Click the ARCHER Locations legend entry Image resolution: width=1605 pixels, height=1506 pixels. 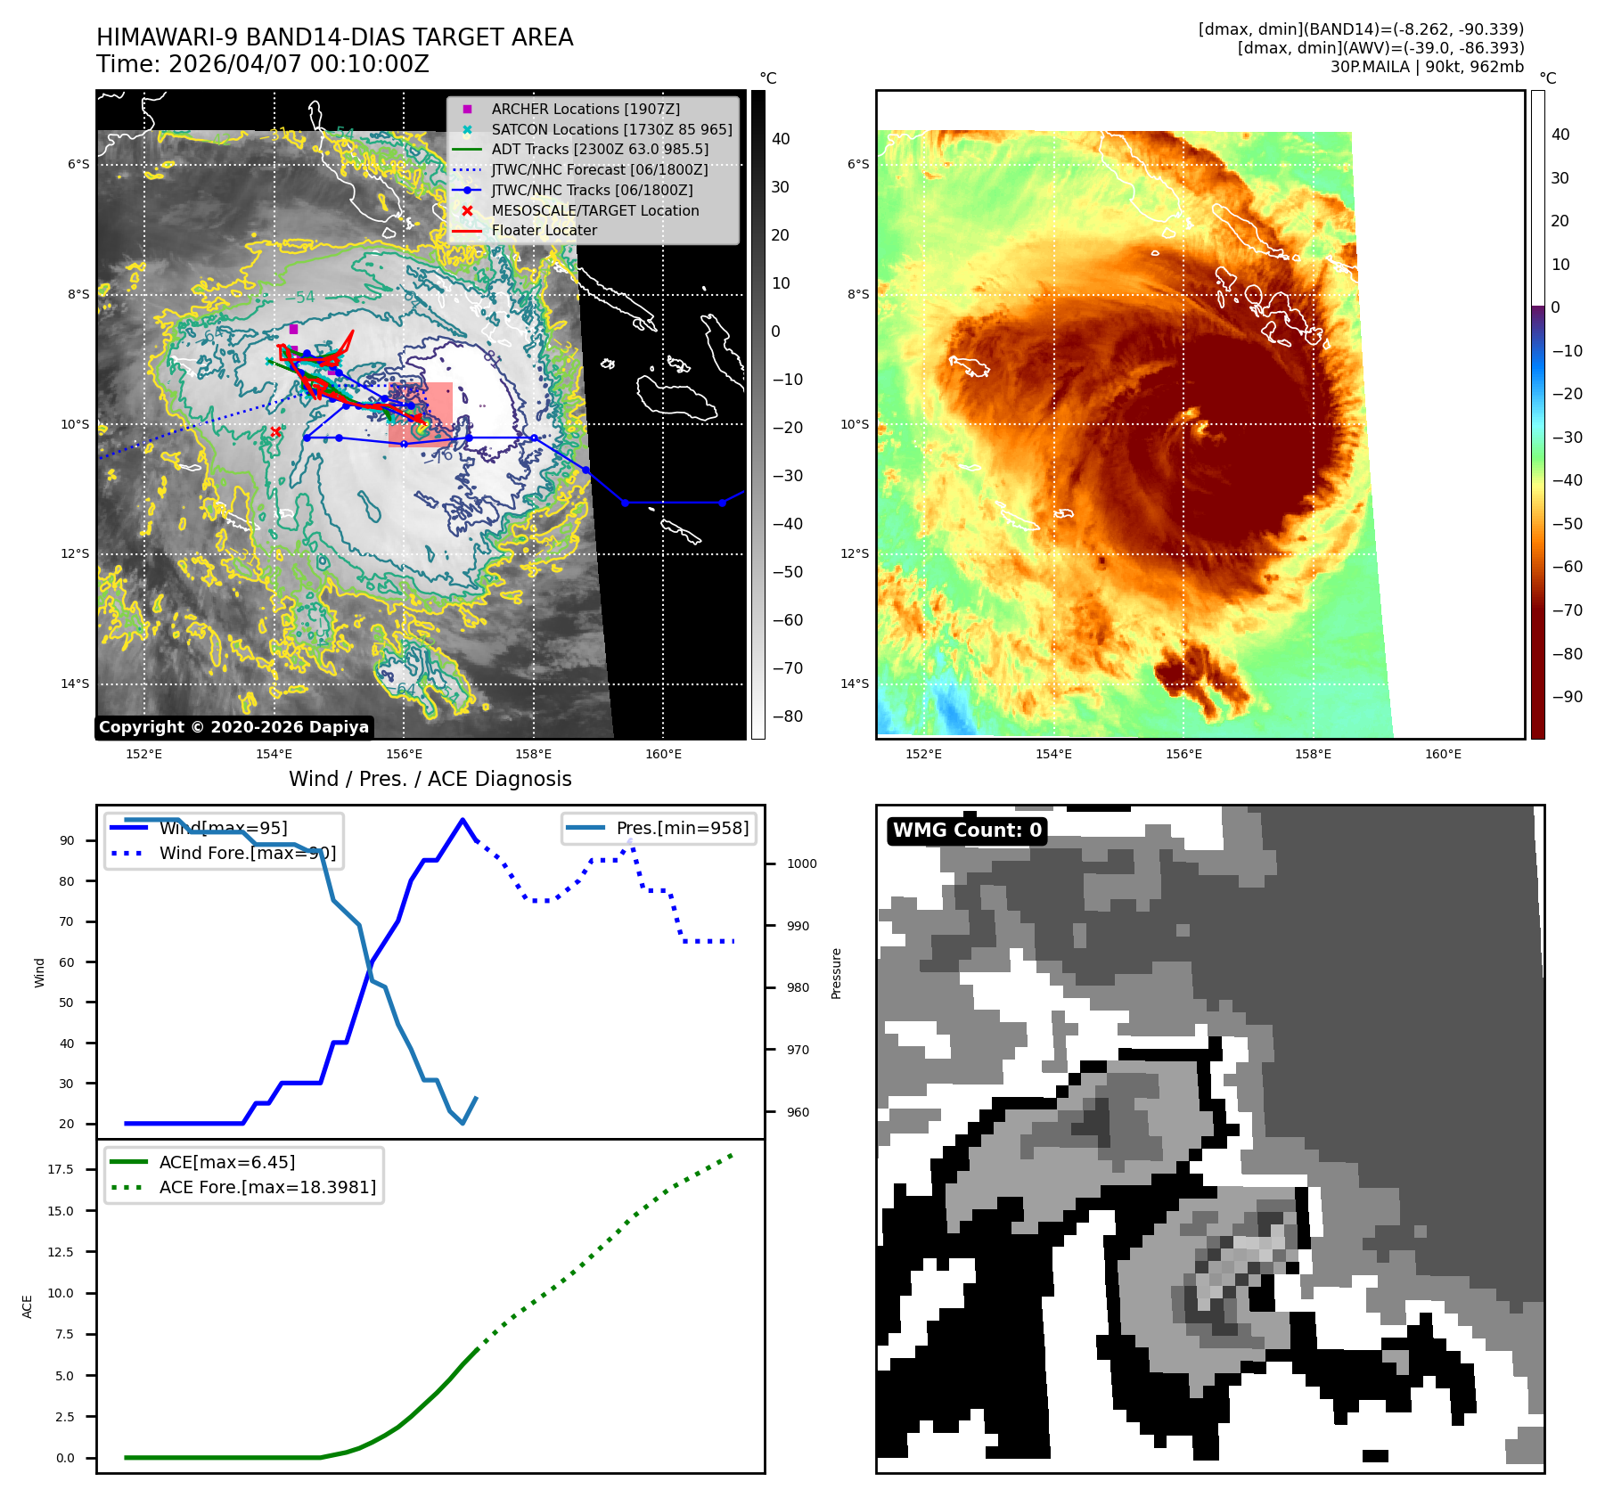[585, 109]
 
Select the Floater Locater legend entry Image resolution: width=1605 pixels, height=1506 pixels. [544, 230]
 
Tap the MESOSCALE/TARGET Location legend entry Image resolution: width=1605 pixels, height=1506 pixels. [594, 210]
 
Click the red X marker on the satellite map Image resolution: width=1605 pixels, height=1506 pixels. [275, 432]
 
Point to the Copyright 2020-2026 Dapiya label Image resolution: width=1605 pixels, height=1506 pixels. [233, 727]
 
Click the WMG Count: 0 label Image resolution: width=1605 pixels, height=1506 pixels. [967, 831]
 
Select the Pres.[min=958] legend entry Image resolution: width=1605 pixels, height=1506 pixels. [682, 828]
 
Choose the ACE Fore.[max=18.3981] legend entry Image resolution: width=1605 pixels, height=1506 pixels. [267, 1187]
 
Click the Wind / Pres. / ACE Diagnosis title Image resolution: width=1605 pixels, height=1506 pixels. [430, 779]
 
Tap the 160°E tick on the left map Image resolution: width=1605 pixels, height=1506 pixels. [663, 755]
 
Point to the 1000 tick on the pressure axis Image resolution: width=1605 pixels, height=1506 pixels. [801, 863]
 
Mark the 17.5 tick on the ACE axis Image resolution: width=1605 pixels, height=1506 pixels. [61, 1169]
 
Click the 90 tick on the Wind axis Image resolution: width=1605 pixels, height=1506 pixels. [67, 840]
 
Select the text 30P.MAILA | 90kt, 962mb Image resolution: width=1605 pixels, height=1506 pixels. [1427, 67]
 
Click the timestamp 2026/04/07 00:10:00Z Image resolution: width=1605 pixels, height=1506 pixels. [299, 64]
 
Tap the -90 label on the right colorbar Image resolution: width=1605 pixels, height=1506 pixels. [1567, 697]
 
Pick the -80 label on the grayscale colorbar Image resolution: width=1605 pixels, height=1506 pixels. [787, 716]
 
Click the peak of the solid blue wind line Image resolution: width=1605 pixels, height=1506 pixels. [462, 820]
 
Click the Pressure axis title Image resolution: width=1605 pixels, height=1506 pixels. [836, 973]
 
